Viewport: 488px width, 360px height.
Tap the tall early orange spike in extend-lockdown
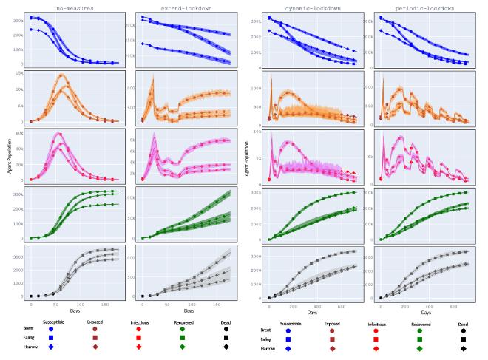click(x=152, y=77)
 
